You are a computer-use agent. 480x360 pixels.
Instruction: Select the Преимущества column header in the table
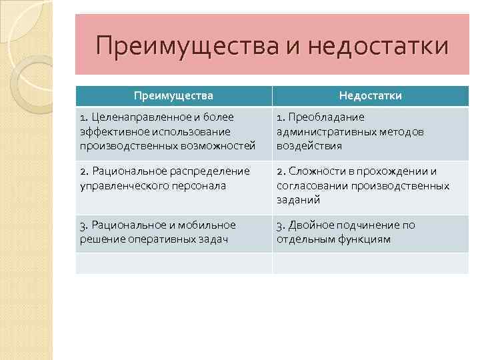click(173, 96)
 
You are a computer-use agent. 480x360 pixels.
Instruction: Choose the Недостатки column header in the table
click(370, 96)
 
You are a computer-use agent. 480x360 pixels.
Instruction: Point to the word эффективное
click(111, 131)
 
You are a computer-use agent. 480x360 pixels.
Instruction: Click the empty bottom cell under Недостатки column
click(370, 263)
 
